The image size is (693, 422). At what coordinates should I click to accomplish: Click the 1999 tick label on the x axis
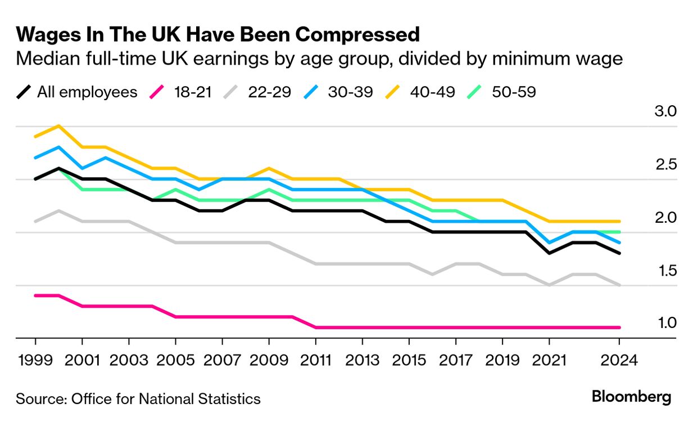(35, 360)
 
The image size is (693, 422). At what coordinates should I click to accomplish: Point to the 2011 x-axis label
(315, 360)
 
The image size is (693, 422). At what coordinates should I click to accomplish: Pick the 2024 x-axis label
(619, 360)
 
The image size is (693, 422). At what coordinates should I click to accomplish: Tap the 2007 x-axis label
(223, 360)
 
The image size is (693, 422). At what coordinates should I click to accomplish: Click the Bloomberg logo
(631, 397)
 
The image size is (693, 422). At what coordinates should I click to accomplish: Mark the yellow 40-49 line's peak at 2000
(59, 125)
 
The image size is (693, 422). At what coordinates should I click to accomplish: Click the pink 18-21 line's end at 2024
(619, 327)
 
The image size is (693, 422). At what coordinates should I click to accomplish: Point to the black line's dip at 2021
(549, 253)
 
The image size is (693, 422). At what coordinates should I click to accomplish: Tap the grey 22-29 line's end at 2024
(619, 285)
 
